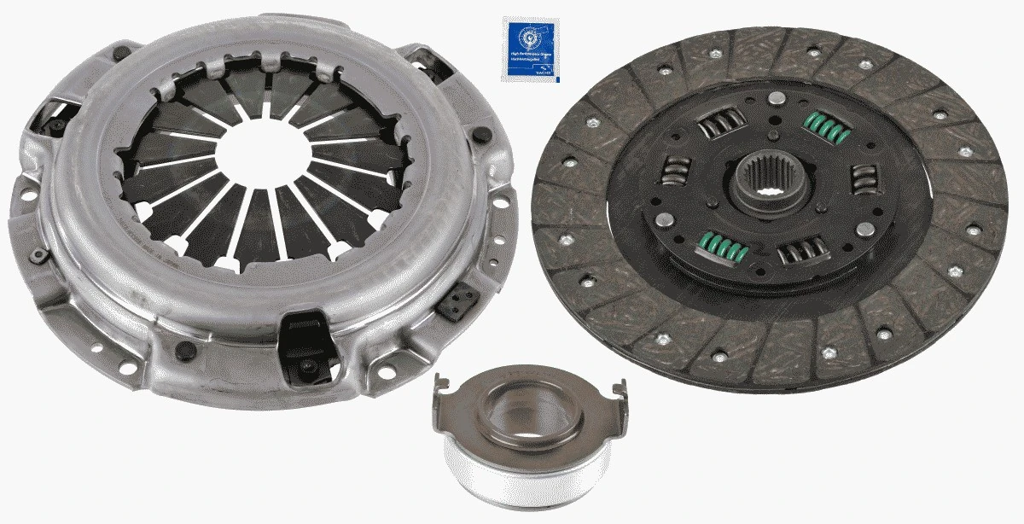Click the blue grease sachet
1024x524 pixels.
(529, 49)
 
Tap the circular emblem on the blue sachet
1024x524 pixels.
(527, 38)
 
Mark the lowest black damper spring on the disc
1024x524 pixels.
(803, 251)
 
